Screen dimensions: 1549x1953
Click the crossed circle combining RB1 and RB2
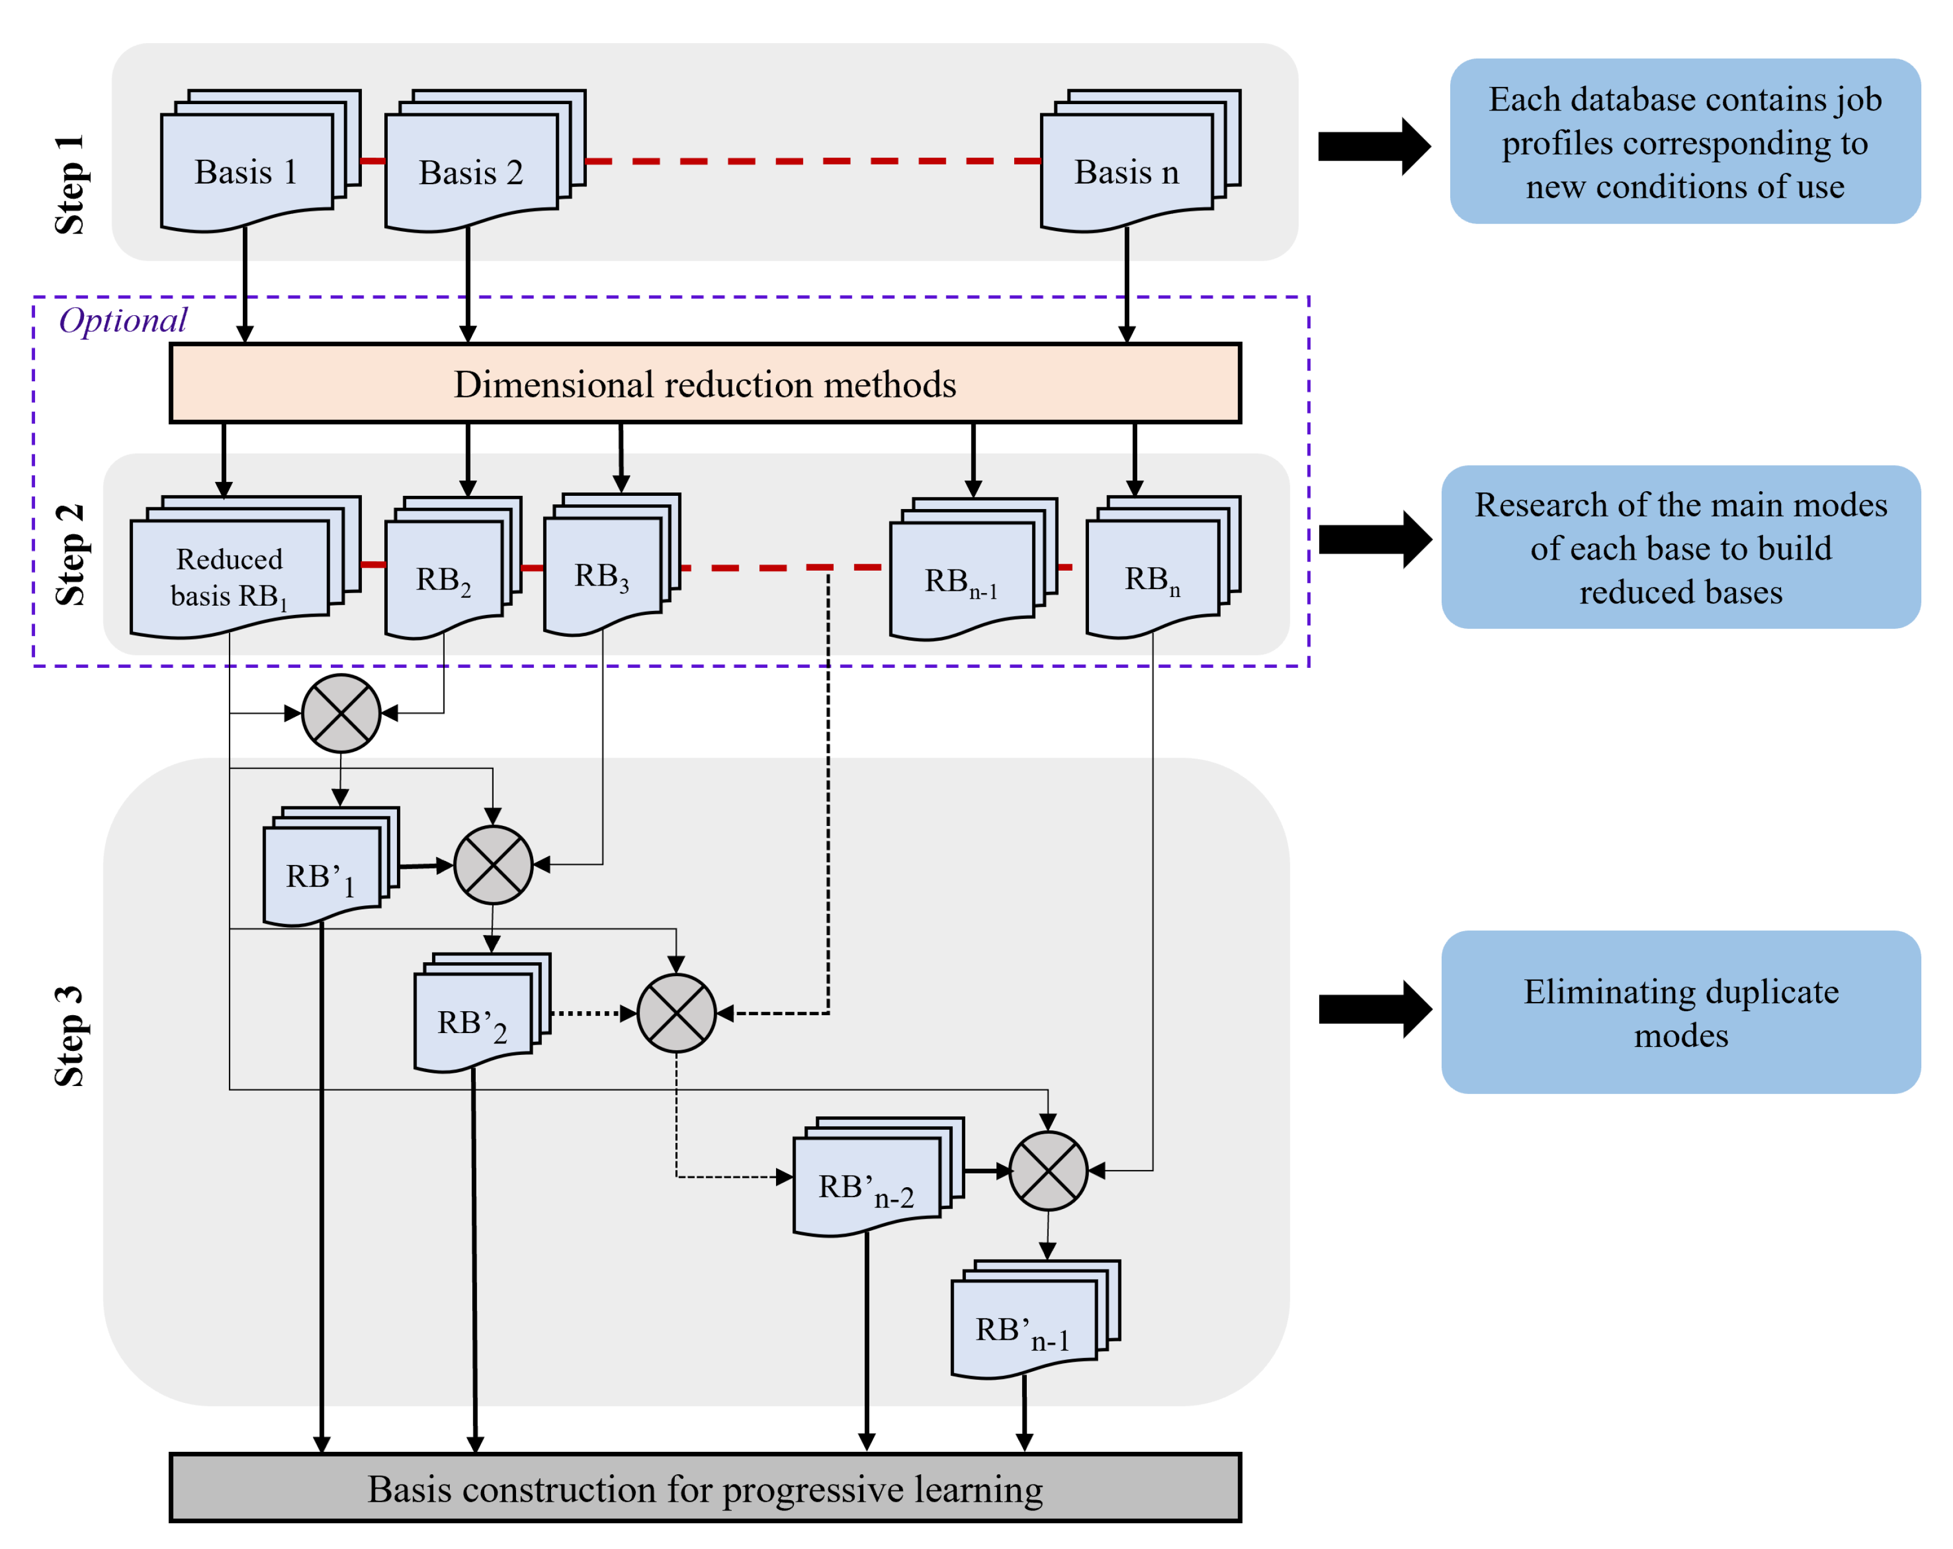pos(341,713)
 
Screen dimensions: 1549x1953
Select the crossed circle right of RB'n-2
pos(1048,1171)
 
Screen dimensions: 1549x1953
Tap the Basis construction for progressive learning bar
pos(705,1488)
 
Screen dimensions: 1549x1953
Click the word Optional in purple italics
pos(123,320)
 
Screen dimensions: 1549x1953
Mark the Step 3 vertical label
pos(70,1035)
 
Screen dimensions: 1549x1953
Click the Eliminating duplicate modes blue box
pos(1680,1012)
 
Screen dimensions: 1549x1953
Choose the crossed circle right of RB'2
pos(677,1013)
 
